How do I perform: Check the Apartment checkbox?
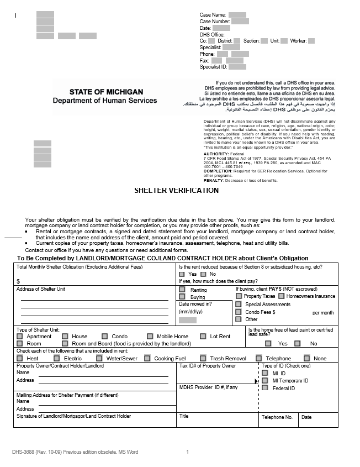pos(20,336)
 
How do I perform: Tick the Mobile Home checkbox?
pos(150,336)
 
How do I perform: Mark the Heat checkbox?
pos(20,358)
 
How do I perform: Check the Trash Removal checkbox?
pos(203,358)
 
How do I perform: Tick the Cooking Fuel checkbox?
pos(147,358)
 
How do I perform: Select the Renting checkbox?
pos(182,289)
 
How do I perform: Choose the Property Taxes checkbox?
pos(239,296)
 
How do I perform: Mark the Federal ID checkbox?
pos(265,388)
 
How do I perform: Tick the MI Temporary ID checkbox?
pos(265,380)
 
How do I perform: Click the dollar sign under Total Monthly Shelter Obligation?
pos(18,281)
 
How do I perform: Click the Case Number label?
pos(215,21)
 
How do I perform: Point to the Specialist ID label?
pos(213,67)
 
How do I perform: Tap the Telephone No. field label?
pos(277,417)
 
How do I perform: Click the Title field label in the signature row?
pos(184,416)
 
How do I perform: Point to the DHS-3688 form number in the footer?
pos(25,452)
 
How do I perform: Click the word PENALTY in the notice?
pos(214,180)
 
